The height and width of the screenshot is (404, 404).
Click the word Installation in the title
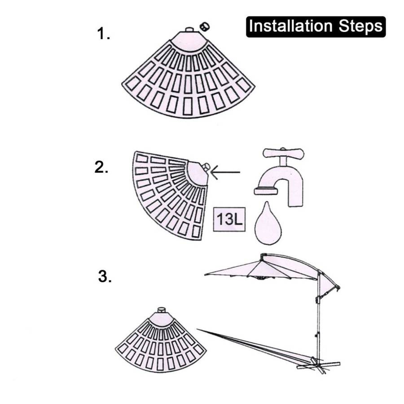[x=291, y=26]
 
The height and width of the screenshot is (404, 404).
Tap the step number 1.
[x=103, y=34]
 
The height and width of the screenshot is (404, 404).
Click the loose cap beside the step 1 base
[x=205, y=26]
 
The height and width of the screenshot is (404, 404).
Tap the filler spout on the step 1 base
[x=190, y=30]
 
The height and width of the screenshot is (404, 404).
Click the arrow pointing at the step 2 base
[x=225, y=172]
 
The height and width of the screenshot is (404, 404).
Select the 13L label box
[x=229, y=219]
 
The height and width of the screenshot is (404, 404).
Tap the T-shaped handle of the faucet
[x=283, y=154]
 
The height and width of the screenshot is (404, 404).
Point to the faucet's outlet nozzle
[x=266, y=191]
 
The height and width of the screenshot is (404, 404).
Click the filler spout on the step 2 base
[x=206, y=167]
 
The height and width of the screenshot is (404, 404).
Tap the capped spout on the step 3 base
[x=162, y=310]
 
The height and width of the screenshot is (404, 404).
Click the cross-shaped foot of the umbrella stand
[x=318, y=365]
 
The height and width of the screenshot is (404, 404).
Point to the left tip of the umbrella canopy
[x=205, y=275]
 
